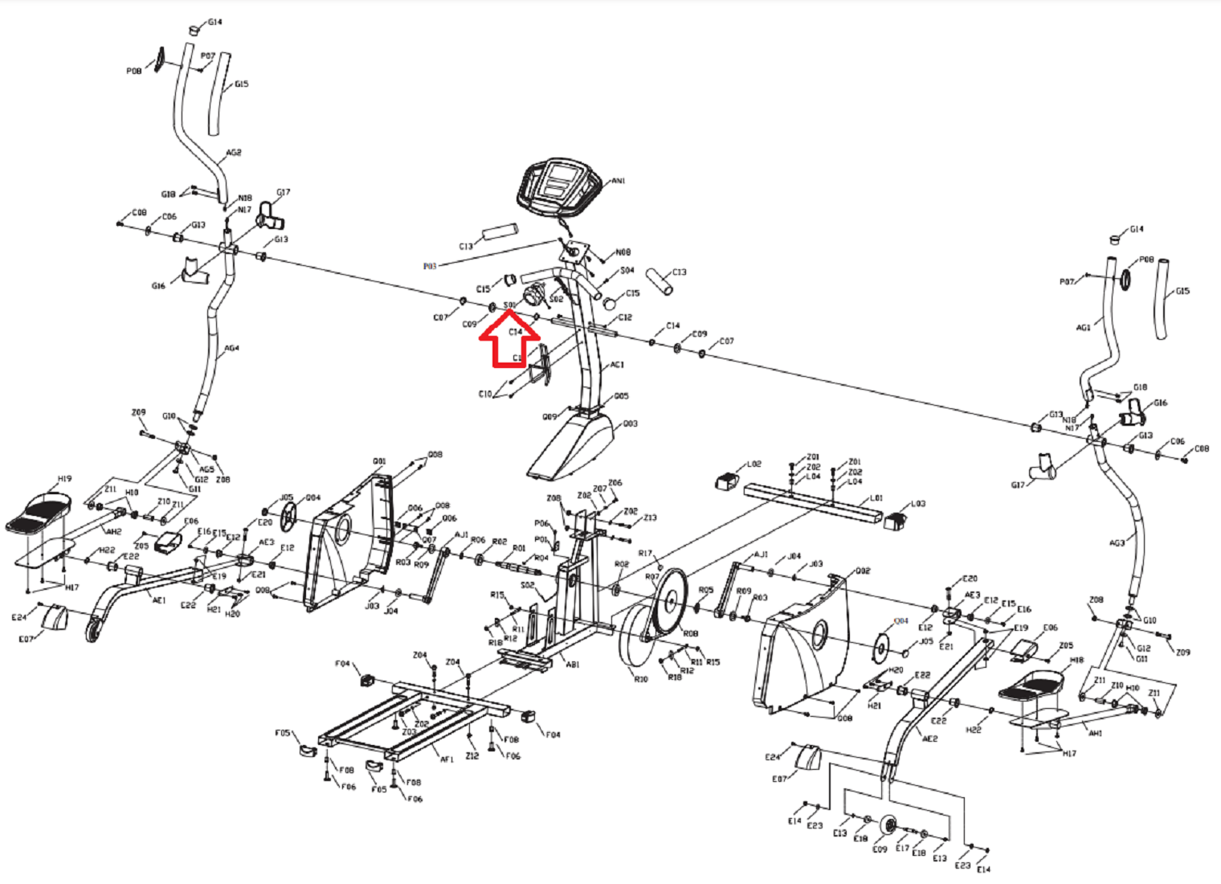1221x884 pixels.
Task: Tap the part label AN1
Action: [619, 182]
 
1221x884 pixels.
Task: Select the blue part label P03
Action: [430, 266]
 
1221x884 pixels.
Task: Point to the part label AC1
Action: [617, 365]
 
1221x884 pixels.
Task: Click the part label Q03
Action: [631, 424]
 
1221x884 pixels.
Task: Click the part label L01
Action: [876, 498]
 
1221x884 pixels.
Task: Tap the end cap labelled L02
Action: [726, 481]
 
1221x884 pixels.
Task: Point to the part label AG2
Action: [234, 153]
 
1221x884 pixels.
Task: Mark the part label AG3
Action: [1117, 543]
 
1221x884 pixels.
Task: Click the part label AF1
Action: [447, 759]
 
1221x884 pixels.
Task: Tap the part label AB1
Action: [573, 665]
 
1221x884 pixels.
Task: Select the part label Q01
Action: [379, 461]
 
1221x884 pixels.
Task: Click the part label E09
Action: [880, 849]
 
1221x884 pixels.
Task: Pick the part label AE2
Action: [929, 739]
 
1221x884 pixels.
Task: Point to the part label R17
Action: [646, 554]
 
